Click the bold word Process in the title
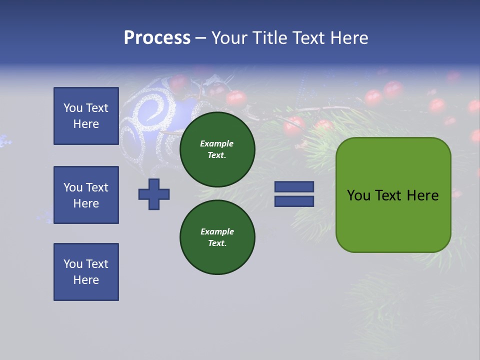coord(157,38)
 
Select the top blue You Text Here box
coord(86,116)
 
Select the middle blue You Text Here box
coord(86,195)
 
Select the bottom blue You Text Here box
coord(86,271)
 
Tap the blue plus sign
coord(154,194)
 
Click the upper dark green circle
coord(217,149)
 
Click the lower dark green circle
coord(217,237)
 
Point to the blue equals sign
coord(294,194)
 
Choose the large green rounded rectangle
coord(393,195)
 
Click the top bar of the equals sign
coord(294,186)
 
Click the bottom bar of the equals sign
coord(294,201)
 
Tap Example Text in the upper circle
coord(217,149)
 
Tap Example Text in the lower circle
coord(217,237)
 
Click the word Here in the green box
coord(422,195)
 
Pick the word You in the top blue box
coord(72,108)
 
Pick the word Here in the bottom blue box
coord(86,280)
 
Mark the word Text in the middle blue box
coord(96,187)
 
